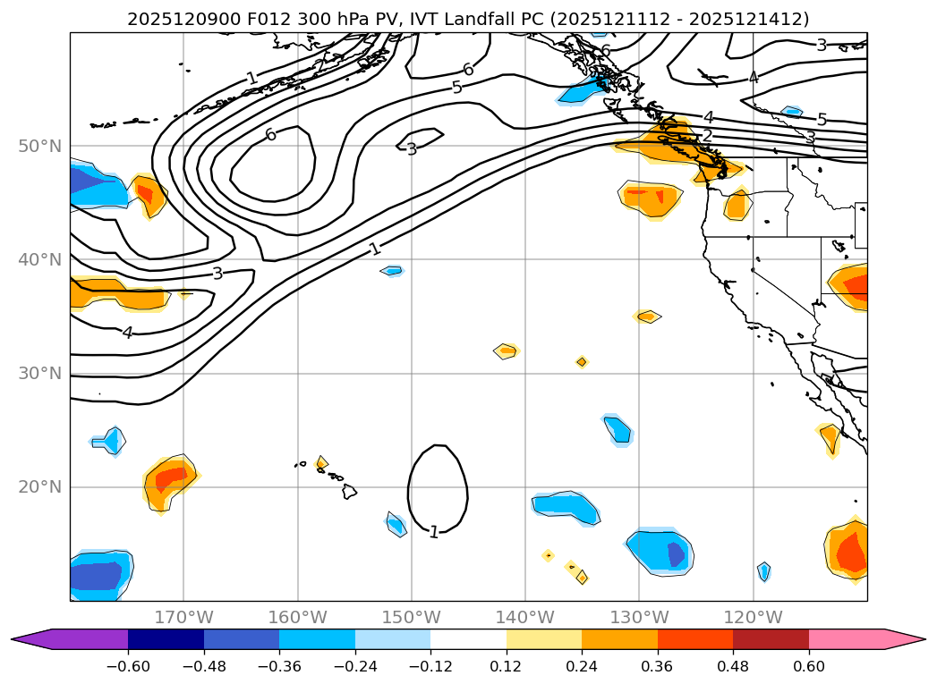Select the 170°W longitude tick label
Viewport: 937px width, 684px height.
[184, 617]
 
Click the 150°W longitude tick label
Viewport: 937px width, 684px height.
[412, 617]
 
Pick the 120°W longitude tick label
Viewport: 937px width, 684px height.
[754, 617]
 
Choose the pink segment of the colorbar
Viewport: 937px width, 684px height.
[859, 639]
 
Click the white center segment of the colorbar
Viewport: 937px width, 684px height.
[468, 639]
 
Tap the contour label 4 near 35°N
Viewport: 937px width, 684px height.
[127, 333]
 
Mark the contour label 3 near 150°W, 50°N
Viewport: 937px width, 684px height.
[412, 149]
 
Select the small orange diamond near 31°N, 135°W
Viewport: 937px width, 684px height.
[582, 362]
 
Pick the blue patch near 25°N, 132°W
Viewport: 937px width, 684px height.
[617, 430]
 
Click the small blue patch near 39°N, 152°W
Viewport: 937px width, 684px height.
[392, 270]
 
